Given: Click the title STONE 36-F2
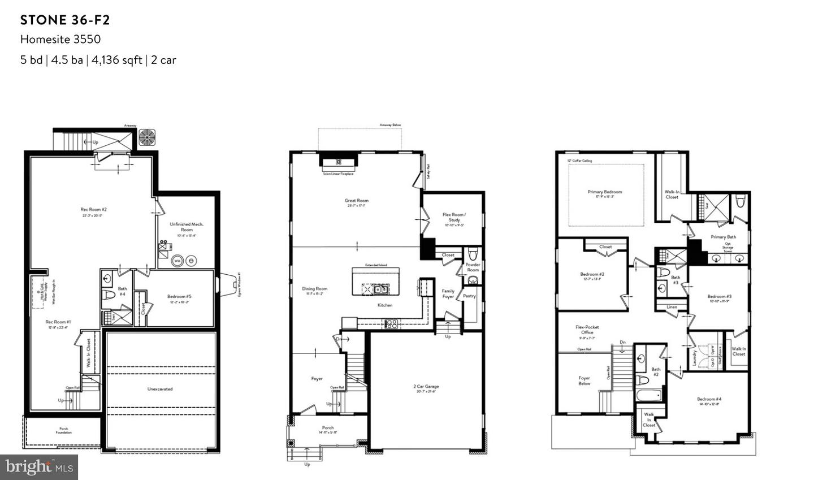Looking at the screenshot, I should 65,20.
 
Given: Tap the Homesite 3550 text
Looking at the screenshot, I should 60,39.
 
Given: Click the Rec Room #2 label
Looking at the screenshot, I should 94,210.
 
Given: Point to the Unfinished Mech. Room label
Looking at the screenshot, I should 187,227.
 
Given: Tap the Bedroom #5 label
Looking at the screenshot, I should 179,296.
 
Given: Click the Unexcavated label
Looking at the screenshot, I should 160,389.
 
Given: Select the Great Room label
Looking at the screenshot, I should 357,201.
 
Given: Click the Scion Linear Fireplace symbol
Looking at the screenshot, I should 338,163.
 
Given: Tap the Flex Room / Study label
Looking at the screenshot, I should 454,217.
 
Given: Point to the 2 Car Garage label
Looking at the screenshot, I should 426,387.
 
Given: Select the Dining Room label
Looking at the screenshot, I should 314,289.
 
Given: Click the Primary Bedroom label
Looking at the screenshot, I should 605,192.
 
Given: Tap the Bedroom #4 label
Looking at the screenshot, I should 709,399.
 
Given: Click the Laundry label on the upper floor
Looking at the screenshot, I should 695,358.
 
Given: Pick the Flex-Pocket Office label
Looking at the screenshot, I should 587,330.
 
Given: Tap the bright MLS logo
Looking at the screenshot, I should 39,467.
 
